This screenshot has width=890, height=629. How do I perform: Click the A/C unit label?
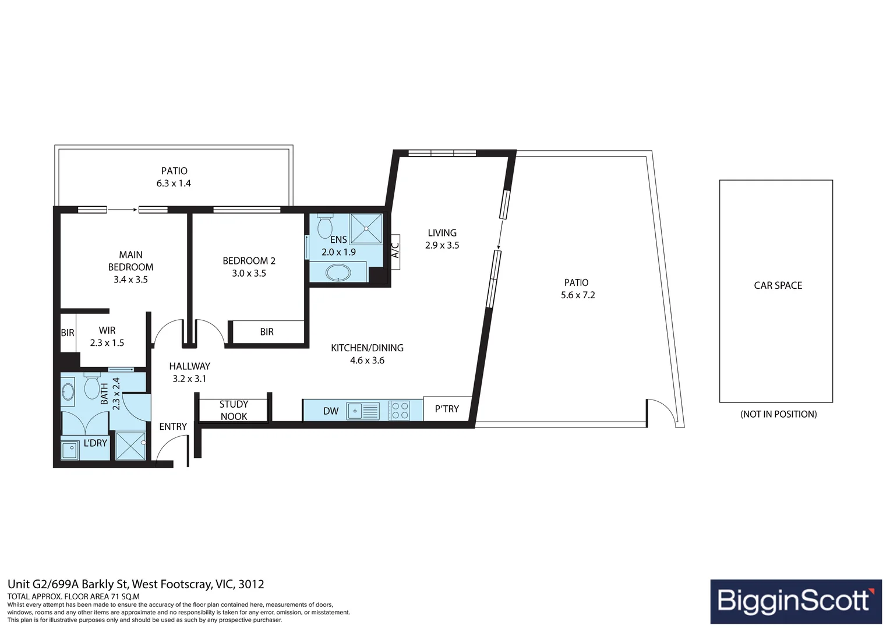(x=395, y=250)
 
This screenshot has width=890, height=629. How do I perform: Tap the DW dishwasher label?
(x=331, y=411)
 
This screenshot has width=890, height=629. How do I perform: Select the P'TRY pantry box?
(x=447, y=408)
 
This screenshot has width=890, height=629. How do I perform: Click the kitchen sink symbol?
(x=363, y=411)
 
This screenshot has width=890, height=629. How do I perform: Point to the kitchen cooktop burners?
(x=399, y=411)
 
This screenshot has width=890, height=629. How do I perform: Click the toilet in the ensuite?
(x=325, y=226)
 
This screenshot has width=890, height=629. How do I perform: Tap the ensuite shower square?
(x=366, y=228)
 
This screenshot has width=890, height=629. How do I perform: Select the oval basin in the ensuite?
(x=338, y=273)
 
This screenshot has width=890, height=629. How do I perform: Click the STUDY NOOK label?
(x=234, y=410)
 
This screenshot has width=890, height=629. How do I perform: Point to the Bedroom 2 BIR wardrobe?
(x=268, y=331)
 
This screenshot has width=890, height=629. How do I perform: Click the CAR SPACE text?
(x=778, y=285)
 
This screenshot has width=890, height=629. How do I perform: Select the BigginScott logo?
(x=796, y=601)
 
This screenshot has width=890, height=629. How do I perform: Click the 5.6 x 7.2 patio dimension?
(x=578, y=295)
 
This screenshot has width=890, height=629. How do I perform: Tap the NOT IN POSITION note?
(x=778, y=414)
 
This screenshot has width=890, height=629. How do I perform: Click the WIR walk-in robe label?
(x=107, y=330)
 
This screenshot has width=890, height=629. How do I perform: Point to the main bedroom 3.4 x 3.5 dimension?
(x=130, y=280)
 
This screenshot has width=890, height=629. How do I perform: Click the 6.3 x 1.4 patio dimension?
(x=174, y=183)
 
